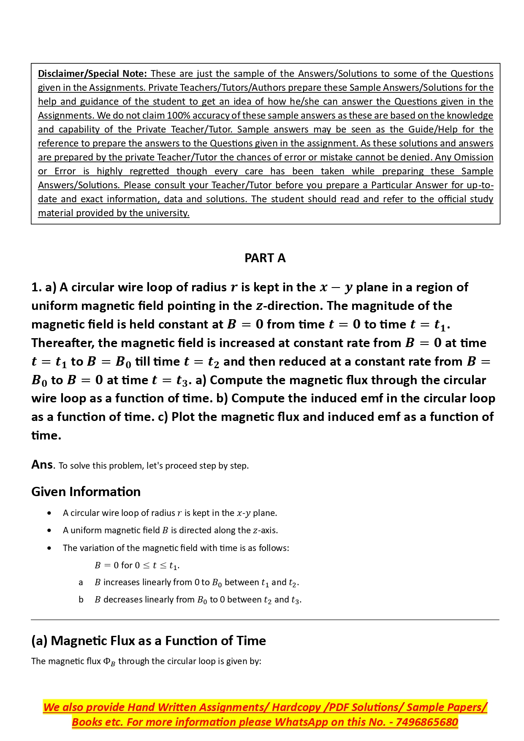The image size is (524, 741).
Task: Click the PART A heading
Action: pos(265,258)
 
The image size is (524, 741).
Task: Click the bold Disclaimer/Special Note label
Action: pos(92,73)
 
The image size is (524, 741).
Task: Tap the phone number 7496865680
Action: pos(427,722)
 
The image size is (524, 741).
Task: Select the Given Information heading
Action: pos(86,491)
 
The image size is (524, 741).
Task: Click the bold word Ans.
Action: pos(42,464)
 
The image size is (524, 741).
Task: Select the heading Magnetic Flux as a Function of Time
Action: pos(149,641)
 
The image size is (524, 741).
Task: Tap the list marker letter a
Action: pos(81,583)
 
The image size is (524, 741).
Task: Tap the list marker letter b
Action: pos(81,600)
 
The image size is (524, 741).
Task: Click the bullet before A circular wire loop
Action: pos(50,513)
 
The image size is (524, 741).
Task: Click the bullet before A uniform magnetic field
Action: pos(50,530)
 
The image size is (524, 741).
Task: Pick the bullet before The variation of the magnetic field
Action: pos(50,548)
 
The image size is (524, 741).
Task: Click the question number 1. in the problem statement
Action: pos(36,288)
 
